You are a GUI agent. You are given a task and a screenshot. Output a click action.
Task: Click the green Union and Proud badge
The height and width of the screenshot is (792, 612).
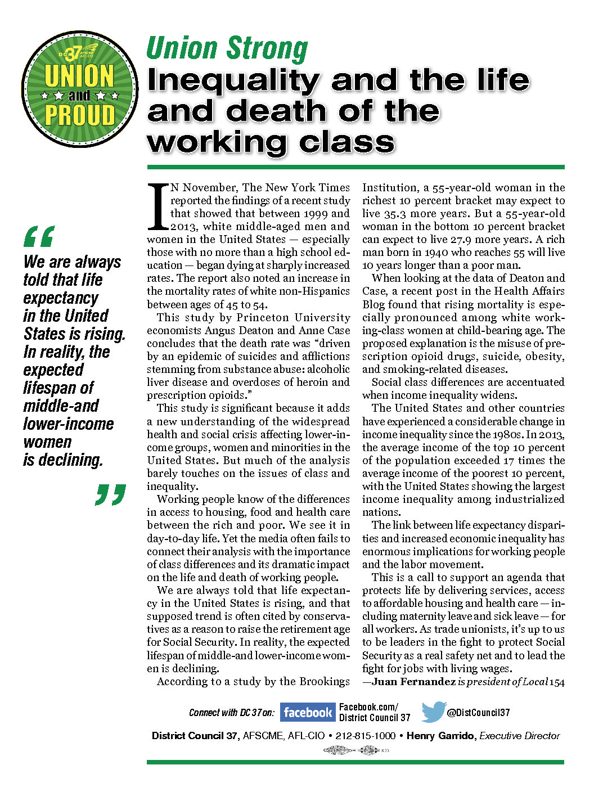(x=79, y=89)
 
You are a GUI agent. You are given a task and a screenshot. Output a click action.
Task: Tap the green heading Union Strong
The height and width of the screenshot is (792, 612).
(x=227, y=48)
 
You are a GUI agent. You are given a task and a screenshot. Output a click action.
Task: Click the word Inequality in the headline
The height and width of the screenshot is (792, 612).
(x=233, y=81)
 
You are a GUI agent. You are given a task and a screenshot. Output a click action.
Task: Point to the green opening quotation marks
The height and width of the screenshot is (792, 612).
(x=39, y=236)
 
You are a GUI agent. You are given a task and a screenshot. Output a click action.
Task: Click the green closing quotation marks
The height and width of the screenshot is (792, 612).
(x=110, y=494)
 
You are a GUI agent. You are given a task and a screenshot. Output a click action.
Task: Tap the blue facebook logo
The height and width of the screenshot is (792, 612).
(x=307, y=713)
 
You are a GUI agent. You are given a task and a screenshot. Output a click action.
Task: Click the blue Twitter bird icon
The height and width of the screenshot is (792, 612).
(x=434, y=712)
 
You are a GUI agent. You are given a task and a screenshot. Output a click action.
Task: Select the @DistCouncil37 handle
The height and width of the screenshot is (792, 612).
(x=478, y=713)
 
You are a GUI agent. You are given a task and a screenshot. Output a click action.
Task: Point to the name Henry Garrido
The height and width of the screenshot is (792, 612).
(x=440, y=736)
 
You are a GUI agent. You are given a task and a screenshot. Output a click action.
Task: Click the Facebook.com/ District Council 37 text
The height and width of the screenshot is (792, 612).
(x=375, y=713)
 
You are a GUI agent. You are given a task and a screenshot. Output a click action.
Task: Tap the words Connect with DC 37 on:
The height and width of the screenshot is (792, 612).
(x=232, y=713)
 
